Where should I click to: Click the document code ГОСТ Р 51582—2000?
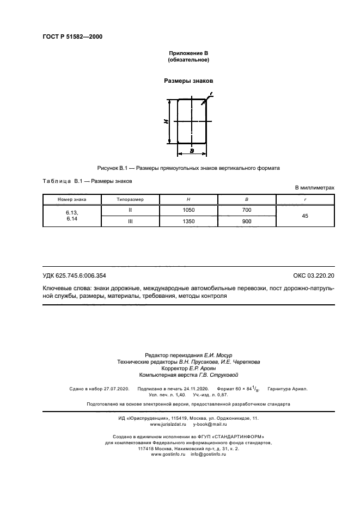72,36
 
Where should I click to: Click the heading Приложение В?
188,53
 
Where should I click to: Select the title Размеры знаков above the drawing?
188,81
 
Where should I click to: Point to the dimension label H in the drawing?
166,122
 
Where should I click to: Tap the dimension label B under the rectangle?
192,150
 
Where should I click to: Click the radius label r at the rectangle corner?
211,95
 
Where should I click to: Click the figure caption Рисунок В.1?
188,168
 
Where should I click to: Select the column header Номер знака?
72,200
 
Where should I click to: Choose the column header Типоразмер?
130,200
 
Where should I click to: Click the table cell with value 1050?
188,210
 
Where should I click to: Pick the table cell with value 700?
247,210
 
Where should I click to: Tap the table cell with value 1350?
188,222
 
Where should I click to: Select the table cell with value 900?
247,222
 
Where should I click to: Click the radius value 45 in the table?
305,216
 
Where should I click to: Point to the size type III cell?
130,222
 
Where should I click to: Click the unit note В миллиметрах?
314,188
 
